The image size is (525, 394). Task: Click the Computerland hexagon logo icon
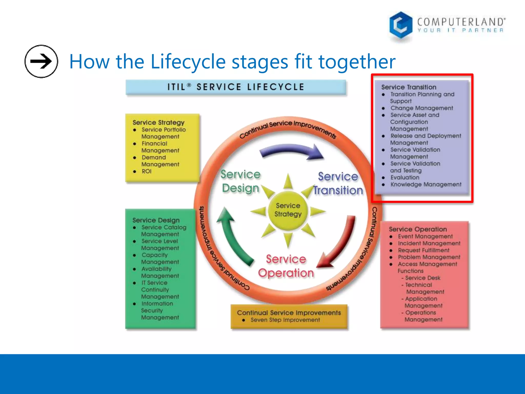coord(401,25)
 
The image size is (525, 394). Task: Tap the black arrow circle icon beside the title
coord(41,61)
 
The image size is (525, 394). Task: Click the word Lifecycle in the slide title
coord(188,62)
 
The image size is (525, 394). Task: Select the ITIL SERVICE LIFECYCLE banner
coord(236,87)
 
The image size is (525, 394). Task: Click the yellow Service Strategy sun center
coord(288,210)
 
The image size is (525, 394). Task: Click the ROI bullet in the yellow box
coord(146,171)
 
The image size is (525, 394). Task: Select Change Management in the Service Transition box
coord(422,108)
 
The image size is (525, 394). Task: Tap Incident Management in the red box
coord(429,243)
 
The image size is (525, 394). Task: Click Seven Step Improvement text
coord(285,320)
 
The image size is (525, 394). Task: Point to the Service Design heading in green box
coord(156,220)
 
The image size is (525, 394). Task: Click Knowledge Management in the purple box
coord(426,184)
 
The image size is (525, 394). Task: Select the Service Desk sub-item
coord(422,278)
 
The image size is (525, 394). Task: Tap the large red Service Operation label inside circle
coord(286,266)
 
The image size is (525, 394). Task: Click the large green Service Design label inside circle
coord(240,181)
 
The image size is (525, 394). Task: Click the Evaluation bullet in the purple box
coord(405,178)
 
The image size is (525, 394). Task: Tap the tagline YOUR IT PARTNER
coord(460,31)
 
